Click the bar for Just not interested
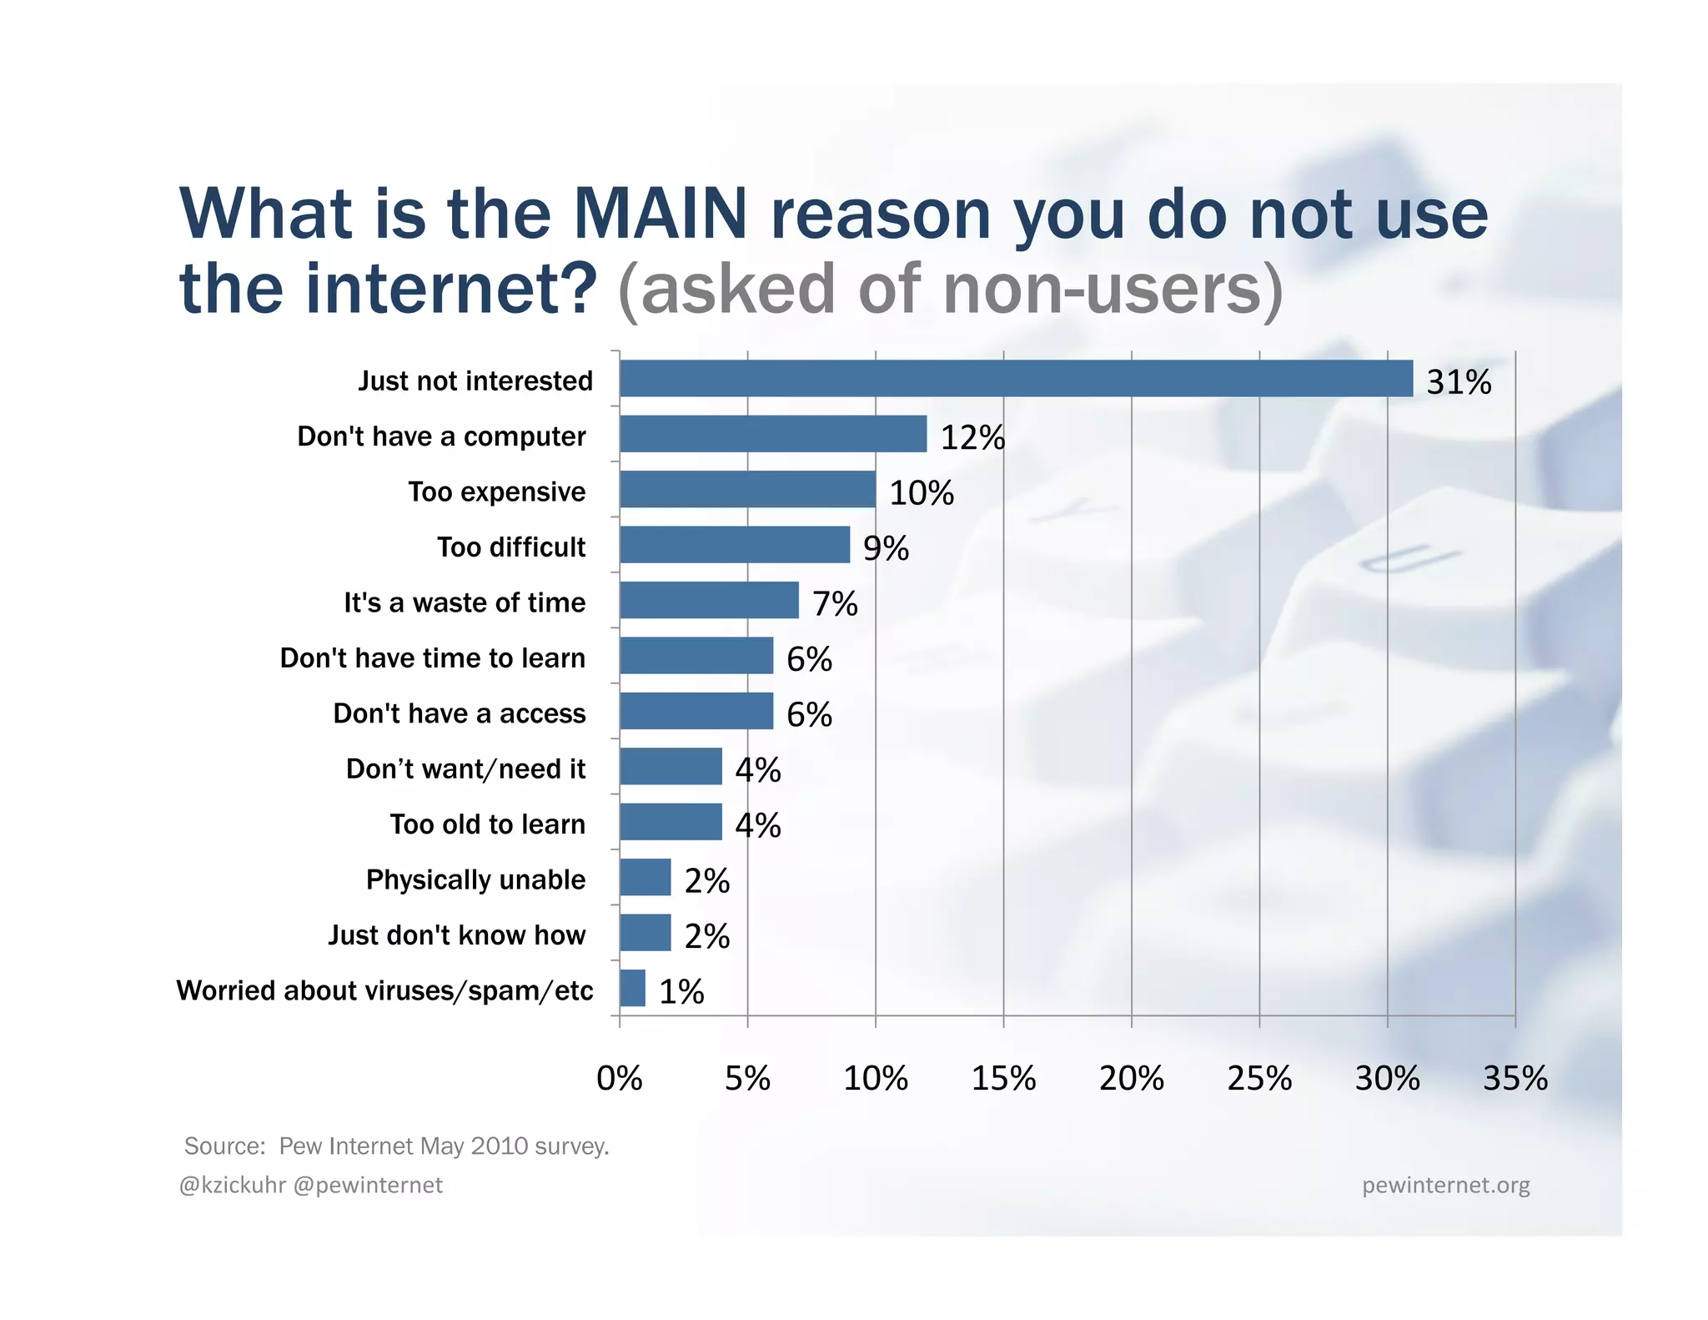pos(1016,379)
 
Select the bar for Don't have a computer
pos(773,434)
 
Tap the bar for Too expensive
pos(747,489)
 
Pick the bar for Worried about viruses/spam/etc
pos(633,988)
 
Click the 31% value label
pos(1459,382)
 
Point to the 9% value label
pos(886,548)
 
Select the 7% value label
pos(835,603)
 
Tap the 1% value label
pos(681,991)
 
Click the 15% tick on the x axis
pos(1003,1078)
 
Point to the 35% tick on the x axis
pos(1515,1078)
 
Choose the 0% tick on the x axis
pos(620,1078)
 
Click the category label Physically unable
pos(475,879)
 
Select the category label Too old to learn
pos(487,824)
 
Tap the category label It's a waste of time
pos(465,602)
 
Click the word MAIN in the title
pos(661,214)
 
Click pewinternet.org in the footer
pos(1445,1185)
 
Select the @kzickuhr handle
pos(233,1185)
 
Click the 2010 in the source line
pos(499,1146)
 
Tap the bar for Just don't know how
pos(646,933)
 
